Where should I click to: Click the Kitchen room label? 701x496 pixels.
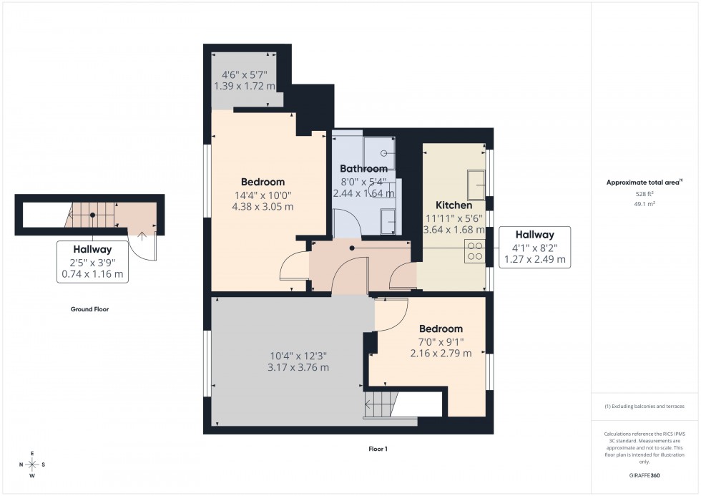(x=454, y=205)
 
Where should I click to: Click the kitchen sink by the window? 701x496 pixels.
(x=476, y=185)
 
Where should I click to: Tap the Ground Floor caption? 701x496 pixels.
(x=89, y=310)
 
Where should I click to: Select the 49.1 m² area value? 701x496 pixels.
(x=645, y=203)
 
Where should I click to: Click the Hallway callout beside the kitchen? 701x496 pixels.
(x=535, y=247)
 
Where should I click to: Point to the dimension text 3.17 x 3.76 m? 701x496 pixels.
(x=299, y=368)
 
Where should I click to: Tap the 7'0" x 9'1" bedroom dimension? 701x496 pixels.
(x=441, y=341)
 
